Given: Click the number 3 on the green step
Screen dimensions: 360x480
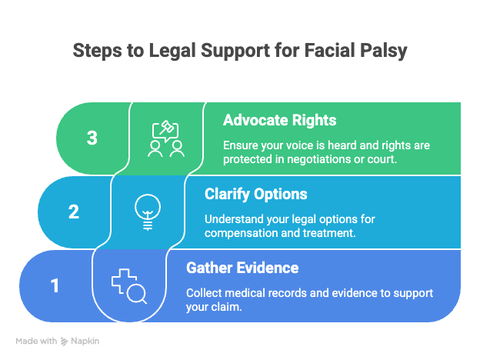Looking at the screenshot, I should click(92, 138).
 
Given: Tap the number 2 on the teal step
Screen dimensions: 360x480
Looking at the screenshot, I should click(74, 211).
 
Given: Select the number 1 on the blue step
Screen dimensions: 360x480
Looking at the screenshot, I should click(55, 285).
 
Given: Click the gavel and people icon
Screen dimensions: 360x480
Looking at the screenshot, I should click(165, 138).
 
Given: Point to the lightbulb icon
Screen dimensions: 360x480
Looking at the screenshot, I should click(147, 211).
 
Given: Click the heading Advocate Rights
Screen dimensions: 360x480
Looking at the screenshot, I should click(279, 121).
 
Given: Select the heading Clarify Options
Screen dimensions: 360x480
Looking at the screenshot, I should click(257, 195).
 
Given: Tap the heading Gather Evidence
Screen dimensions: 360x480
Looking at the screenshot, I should click(242, 268).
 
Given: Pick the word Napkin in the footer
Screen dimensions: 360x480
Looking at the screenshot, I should click(86, 340).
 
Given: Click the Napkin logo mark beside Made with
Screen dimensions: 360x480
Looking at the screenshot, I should click(65, 340).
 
